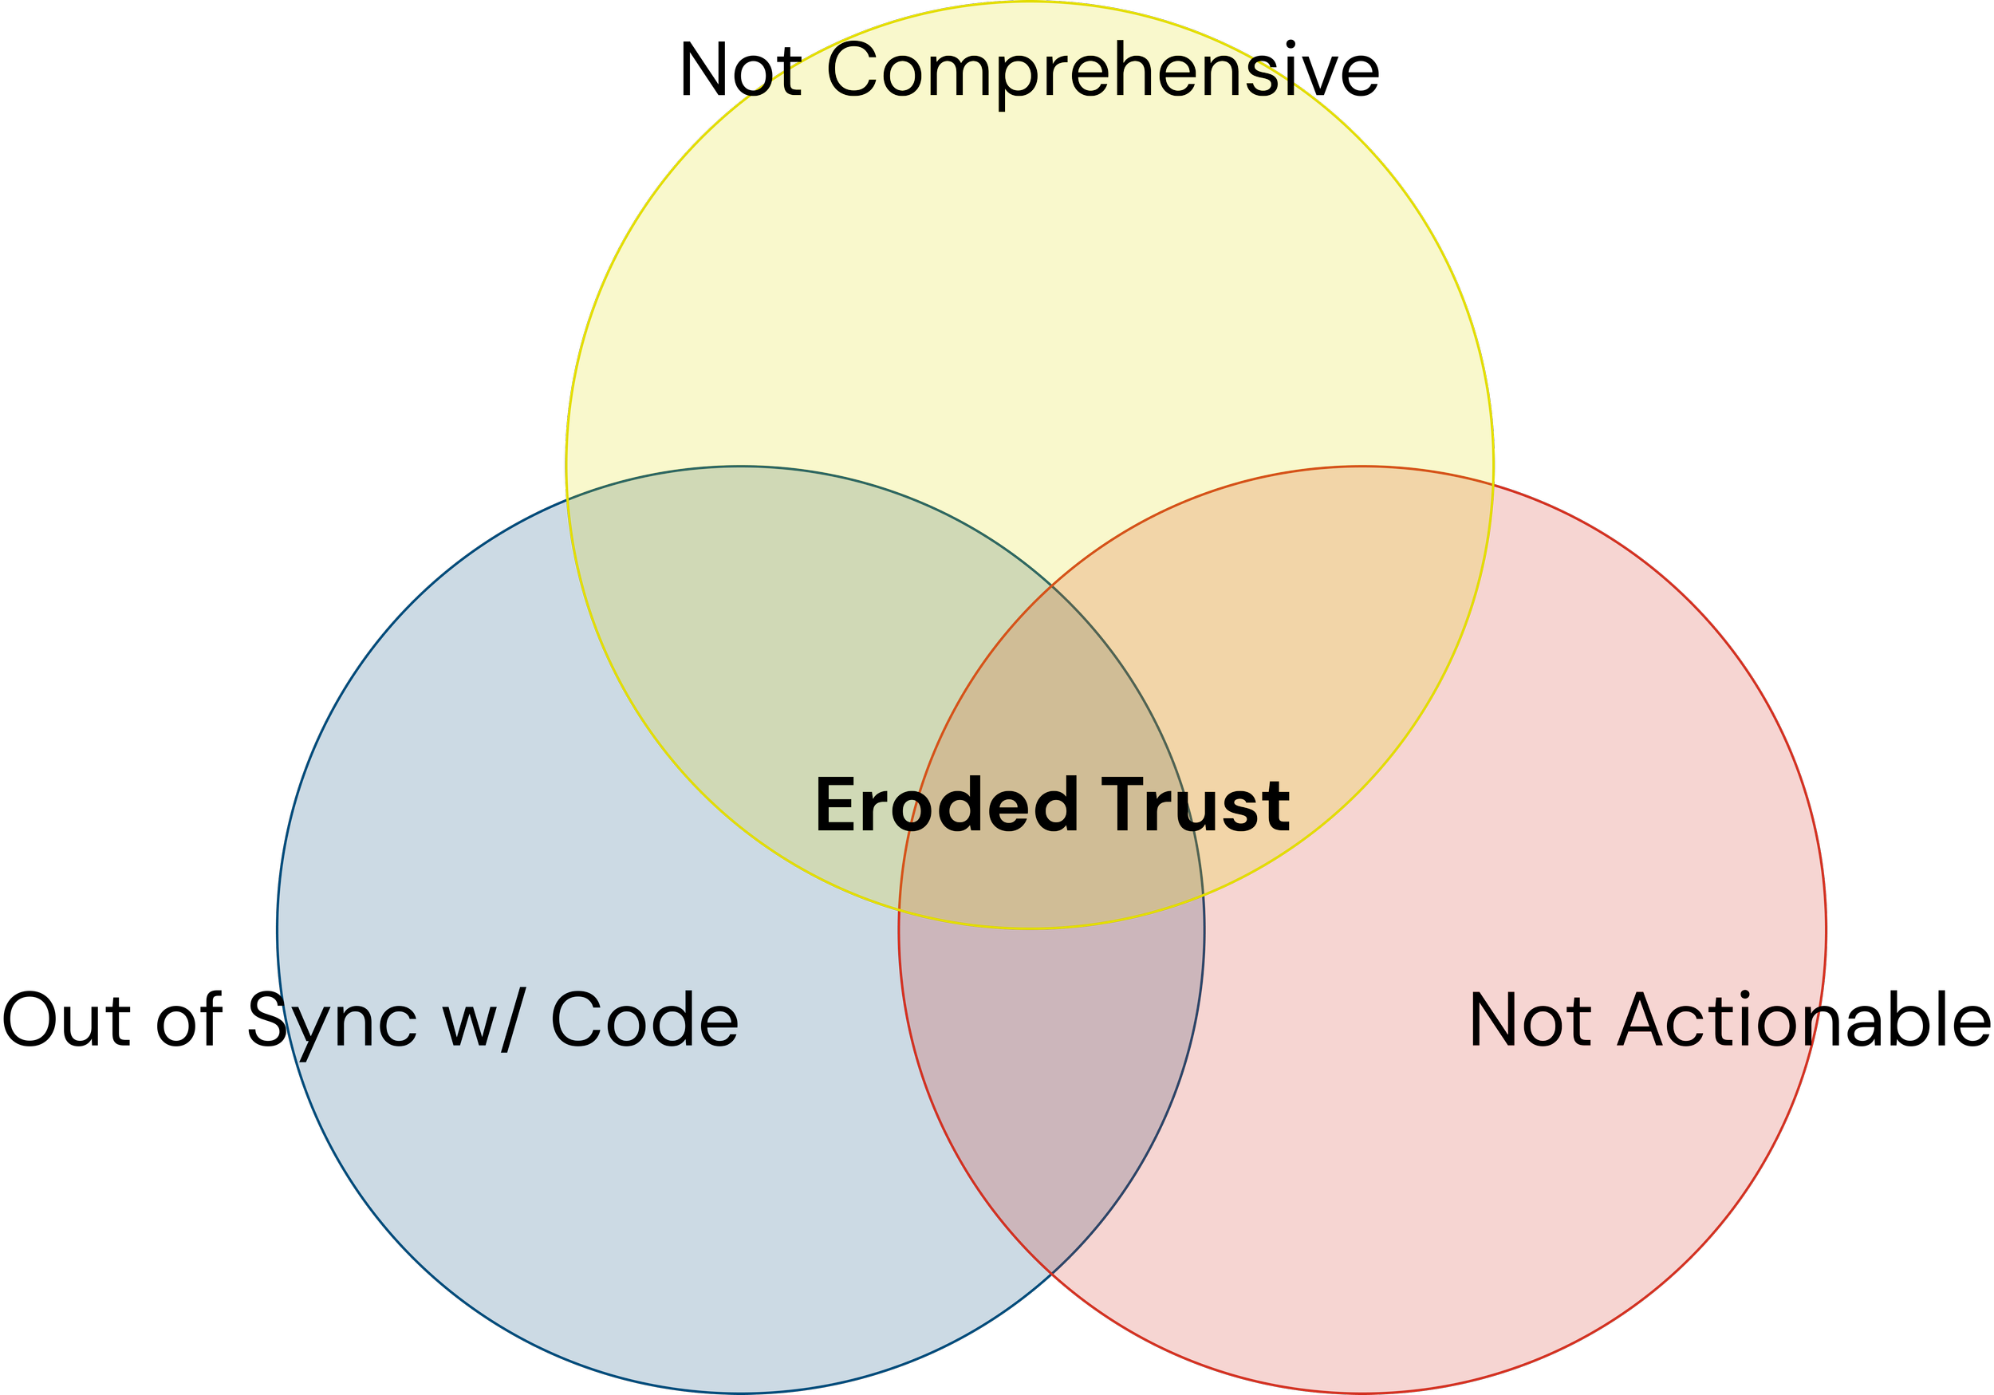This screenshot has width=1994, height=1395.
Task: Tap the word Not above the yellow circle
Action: click(741, 69)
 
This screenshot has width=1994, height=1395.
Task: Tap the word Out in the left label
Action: click(66, 1020)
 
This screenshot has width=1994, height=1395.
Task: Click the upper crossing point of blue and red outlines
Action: click(1052, 585)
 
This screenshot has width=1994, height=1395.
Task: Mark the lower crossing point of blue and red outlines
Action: click(1052, 1274)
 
